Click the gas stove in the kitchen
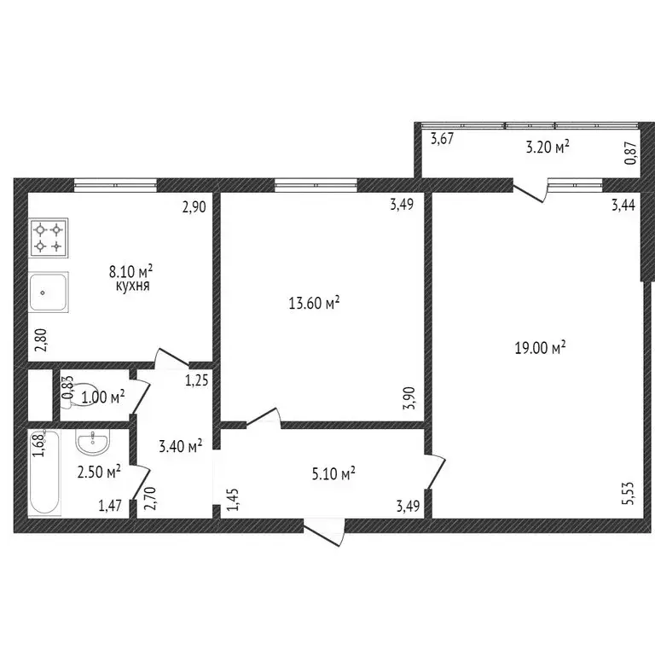[x=49, y=238]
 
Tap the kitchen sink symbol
[x=49, y=293]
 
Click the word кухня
[x=132, y=287]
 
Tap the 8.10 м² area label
[x=130, y=272]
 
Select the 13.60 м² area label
[x=316, y=302]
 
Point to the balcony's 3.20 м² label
[x=546, y=148]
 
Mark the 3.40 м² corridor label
[x=180, y=445]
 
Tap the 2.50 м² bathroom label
[x=99, y=471]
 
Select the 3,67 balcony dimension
[x=442, y=139]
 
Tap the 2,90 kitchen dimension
[x=195, y=206]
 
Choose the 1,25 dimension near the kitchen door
[x=197, y=380]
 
